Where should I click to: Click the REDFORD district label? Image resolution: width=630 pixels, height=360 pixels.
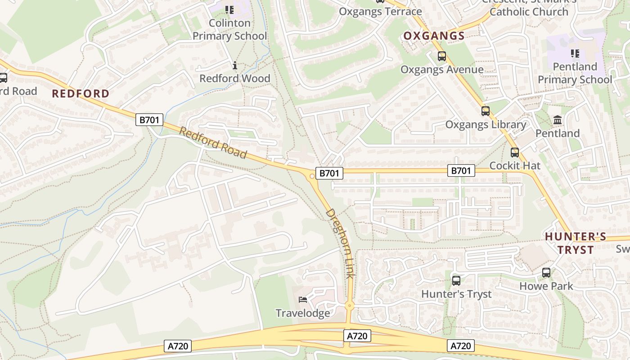(x=81, y=94)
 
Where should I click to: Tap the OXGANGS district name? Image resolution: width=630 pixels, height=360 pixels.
(x=434, y=36)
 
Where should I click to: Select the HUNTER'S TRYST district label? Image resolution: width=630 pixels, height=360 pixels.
(x=576, y=243)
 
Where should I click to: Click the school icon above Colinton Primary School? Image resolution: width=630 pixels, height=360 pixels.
(x=229, y=9)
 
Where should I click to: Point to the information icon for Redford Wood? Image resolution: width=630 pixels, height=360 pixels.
(x=234, y=66)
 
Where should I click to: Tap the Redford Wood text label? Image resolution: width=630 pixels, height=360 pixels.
(x=234, y=78)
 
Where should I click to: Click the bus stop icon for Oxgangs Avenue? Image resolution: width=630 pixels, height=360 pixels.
(x=441, y=56)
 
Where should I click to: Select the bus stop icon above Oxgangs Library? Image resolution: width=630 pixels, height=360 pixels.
(x=485, y=111)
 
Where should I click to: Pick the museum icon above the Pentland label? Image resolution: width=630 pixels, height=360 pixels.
(x=558, y=120)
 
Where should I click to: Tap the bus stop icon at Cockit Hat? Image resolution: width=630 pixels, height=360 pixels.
(x=514, y=153)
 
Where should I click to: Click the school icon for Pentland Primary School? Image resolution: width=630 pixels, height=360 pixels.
(x=575, y=54)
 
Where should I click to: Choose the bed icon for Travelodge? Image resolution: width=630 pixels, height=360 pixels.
(x=303, y=300)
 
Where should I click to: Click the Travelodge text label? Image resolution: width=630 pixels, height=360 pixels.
(x=303, y=313)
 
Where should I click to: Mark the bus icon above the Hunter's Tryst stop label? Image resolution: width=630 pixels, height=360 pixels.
(x=456, y=281)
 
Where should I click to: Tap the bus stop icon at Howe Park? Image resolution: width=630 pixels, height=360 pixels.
(x=546, y=273)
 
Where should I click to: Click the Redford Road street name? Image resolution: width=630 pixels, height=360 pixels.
(x=213, y=143)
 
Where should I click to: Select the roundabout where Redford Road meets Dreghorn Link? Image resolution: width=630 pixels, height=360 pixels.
(x=312, y=176)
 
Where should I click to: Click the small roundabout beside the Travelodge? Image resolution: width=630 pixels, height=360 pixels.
(x=350, y=306)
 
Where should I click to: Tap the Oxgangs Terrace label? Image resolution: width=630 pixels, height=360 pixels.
(x=380, y=11)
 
